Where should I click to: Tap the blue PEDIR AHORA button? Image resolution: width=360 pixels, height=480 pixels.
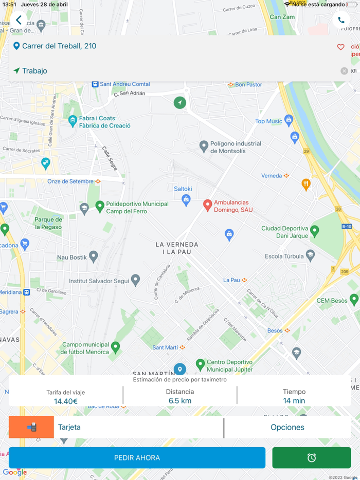(x=137, y=457)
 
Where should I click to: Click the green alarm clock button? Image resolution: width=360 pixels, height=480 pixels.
(x=312, y=457)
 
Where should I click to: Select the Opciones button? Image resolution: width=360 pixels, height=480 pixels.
(x=287, y=427)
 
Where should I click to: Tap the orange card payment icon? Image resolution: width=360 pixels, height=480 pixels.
(x=31, y=427)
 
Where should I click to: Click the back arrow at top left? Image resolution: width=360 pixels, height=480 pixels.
(x=19, y=20)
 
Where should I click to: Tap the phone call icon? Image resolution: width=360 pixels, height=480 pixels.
(x=341, y=20)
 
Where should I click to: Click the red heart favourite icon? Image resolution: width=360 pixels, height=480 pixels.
(x=340, y=47)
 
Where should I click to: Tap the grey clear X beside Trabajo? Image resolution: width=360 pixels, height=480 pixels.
(x=344, y=71)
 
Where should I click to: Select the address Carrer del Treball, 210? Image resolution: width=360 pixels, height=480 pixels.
(x=59, y=46)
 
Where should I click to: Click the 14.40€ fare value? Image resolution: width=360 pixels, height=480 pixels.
(x=65, y=401)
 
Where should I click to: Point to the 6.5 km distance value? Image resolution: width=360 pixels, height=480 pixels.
(x=180, y=401)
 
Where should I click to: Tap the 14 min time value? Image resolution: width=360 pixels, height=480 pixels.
(x=294, y=401)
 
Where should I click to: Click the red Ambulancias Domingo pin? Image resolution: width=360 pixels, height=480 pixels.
(x=208, y=206)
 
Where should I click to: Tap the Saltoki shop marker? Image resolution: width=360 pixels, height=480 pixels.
(x=186, y=199)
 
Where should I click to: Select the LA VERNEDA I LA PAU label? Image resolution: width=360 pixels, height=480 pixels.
(x=177, y=248)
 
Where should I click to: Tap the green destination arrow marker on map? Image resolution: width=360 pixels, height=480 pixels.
(x=179, y=103)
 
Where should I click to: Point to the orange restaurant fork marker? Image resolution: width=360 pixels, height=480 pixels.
(x=306, y=184)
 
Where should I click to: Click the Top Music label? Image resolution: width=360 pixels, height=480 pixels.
(x=269, y=121)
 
